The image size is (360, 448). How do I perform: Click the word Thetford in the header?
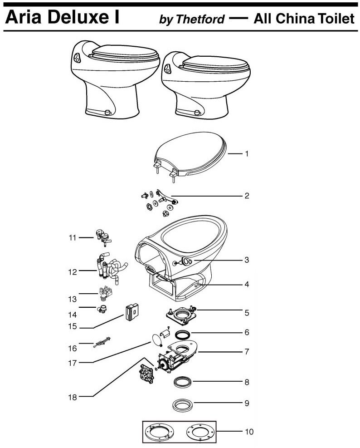coord(200,19)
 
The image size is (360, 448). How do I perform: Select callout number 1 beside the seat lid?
coord(247,154)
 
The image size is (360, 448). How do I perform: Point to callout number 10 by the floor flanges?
coord(249,431)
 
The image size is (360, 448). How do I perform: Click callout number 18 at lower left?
coord(73,397)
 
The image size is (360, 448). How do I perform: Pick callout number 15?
coord(73,326)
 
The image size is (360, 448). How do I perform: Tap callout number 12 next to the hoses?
coord(73,272)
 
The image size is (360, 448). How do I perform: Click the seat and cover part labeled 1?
coord(190,156)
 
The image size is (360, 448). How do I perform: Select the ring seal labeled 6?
coord(183,334)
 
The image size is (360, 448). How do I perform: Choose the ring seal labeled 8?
coord(183,382)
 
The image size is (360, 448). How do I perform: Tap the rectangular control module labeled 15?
coord(132,312)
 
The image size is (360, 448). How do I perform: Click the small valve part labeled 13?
coord(105,294)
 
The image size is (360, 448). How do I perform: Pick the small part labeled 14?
coord(102,309)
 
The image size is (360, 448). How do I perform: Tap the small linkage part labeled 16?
coord(102,342)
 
